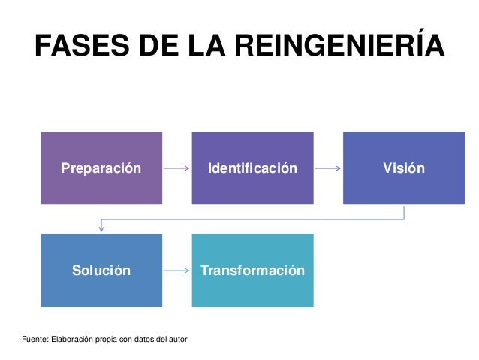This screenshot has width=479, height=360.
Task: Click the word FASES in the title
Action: click(x=78, y=48)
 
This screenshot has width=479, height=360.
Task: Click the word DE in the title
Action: click(x=155, y=48)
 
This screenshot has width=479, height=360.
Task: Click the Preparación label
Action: click(x=101, y=168)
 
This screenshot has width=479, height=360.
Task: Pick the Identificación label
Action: click(x=252, y=168)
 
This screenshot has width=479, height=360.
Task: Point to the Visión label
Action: click(x=404, y=168)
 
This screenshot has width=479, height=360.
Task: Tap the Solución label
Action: click(x=101, y=271)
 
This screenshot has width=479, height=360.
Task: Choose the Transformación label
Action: click(x=252, y=271)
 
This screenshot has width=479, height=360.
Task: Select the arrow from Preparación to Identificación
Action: click(x=176, y=168)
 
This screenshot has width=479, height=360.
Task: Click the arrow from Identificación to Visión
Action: click(x=328, y=168)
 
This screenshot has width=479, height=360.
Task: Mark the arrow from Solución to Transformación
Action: click(x=176, y=271)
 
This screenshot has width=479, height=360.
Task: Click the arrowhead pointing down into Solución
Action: click(x=101, y=228)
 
